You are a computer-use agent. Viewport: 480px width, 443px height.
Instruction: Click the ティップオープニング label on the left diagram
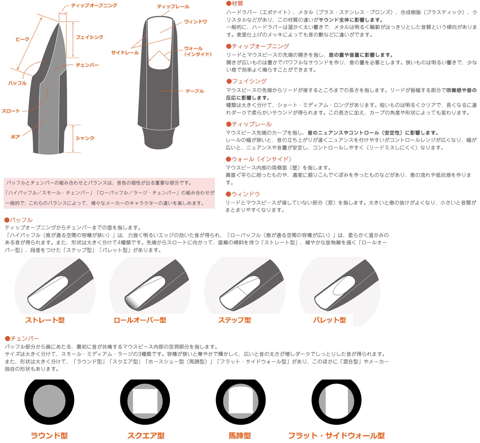pyautogui.click(x=94, y=6)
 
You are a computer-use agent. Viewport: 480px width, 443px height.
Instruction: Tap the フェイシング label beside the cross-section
pyautogui.click(x=89, y=37)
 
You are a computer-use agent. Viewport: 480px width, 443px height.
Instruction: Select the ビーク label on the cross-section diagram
pyautogui.click(x=22, y=39)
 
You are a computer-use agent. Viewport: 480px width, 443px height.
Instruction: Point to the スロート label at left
pyautogui.click(x=11, y=111)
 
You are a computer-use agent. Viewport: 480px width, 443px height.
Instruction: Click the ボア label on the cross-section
pyautogui.click(x=15, y=137)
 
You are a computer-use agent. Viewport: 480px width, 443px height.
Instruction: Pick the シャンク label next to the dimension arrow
pyautogui.click(x=85, y=138)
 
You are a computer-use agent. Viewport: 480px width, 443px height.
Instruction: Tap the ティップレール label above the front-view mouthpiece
pyautogui.click(x=173, y=7)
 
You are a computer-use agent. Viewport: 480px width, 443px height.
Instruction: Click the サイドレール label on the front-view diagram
pyautogui.click(x=125, y=53)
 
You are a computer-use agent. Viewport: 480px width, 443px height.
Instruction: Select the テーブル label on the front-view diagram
pyautogui.click(x=195, y=91)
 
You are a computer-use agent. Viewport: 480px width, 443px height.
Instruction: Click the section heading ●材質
pyautogui.click(x=234, y=4)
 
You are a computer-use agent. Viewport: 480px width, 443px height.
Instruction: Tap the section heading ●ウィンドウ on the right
pyautogui.click(x=243, y=194)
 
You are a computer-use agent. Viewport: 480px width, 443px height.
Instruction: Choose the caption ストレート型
pyautogui.click(x=45, y=320)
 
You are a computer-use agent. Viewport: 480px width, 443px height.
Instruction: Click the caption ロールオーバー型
pyautogui.click(x=140, y=320)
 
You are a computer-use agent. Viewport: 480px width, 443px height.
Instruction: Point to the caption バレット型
pyautogui.click(x=329, y=320)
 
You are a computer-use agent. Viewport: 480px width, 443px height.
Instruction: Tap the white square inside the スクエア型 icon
pyautogui.click(x=145, y=401)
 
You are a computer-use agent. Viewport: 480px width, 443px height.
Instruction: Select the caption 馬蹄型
pyautogui.click(x=240, y=436)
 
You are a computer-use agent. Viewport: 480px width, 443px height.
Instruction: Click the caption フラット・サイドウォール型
pyautogui.click(x=336, y=436)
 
